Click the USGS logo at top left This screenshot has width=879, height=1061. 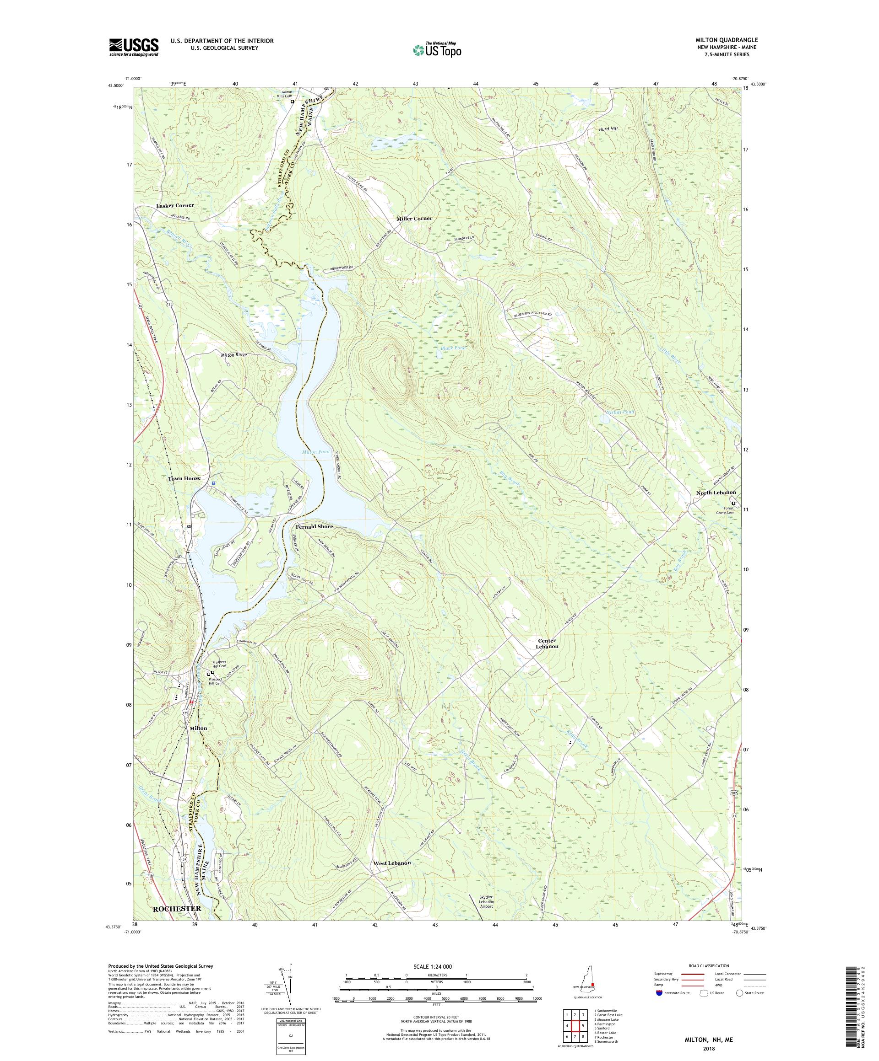[134, 48]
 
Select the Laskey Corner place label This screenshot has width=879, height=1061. [175, 206]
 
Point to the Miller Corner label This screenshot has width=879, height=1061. [414, 218]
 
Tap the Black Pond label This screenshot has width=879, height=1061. [453, 348]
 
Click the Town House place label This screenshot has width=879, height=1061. [184, 478]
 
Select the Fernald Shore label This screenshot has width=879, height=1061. [314, 526]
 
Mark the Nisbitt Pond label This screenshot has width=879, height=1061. [620, 412]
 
